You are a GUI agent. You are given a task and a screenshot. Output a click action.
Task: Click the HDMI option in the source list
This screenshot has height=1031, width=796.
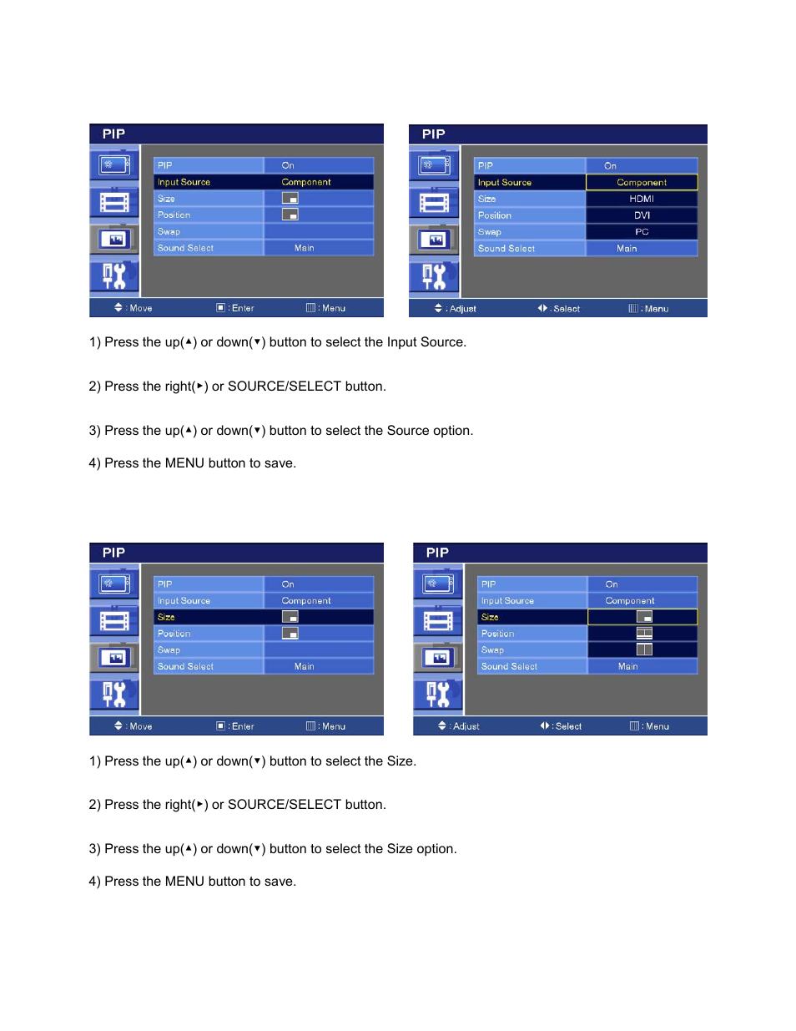[641, 199]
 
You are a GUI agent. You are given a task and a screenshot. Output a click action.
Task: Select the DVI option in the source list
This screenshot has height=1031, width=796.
[641, 215]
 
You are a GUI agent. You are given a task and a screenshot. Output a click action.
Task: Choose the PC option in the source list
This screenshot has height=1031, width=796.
[641, 232]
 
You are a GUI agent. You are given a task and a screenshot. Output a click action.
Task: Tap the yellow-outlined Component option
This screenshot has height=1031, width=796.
[641, 182]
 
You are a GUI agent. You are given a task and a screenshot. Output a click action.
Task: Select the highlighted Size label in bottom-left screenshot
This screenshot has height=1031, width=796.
[166, 617]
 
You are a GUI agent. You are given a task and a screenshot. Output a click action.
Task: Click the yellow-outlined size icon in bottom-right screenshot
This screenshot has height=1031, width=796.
[643, 617]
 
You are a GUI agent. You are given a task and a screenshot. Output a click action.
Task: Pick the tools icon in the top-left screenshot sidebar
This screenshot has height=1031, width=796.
[114, 275]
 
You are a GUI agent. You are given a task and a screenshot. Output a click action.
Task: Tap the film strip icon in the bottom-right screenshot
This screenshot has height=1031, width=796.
[438, 621]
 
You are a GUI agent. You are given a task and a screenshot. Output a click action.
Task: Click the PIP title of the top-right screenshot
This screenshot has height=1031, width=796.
[433, 134]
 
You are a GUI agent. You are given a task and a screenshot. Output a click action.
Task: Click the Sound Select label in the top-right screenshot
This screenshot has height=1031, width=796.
[506, 249]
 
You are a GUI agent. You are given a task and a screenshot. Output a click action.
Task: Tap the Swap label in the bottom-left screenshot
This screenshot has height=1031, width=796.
[169, 650]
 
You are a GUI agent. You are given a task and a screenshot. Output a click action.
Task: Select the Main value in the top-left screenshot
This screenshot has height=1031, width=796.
[305, 248]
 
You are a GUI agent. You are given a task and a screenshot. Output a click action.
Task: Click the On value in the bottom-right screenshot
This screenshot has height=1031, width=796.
[612, 584]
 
